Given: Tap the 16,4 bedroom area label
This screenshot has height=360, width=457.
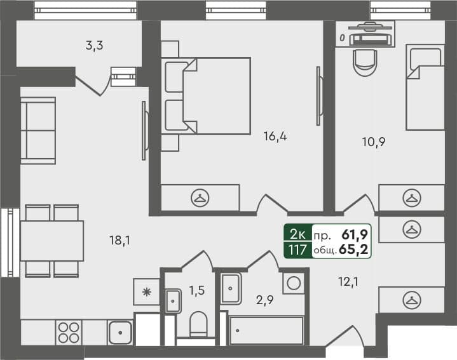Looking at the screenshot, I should (x=275, y=135).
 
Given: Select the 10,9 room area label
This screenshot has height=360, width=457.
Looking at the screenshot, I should (x=374, y=142).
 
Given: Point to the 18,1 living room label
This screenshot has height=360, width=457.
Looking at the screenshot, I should (x=119, y=240).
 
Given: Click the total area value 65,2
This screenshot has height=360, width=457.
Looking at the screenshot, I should (x=357, y=250).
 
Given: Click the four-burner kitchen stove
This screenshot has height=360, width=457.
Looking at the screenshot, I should (x=69, y=332).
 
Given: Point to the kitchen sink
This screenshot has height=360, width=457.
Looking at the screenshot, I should (x=119, y=332).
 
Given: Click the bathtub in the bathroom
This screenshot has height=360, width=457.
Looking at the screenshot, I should (x=266, y=331).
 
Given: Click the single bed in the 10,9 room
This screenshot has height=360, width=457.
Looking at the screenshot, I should (x=425, y=87).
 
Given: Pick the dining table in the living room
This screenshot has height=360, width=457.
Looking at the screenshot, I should (x=52, y=241).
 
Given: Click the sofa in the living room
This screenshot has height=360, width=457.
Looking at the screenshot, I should (x=38, y=130).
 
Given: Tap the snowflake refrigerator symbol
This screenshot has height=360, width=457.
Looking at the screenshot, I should (x=147, y=292).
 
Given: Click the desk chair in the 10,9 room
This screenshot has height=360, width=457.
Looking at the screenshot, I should (x=365, y=62).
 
